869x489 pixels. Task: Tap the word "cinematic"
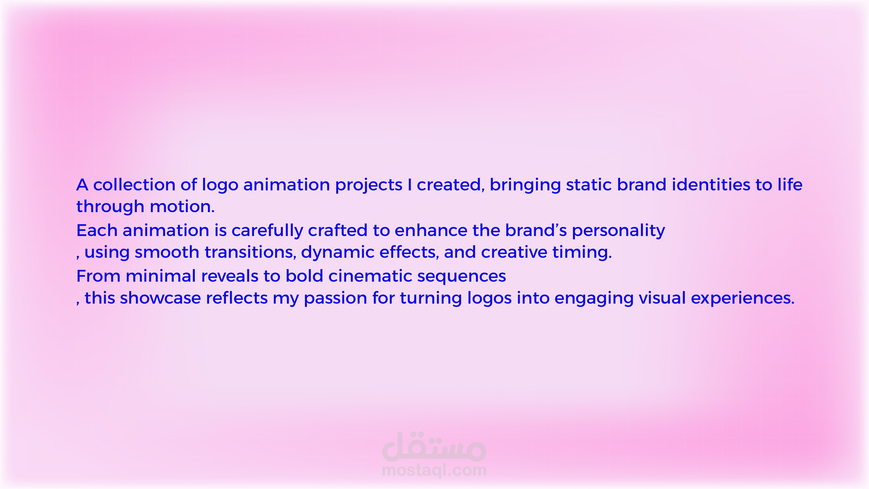point(370,276)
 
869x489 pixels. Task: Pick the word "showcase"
point(160,298)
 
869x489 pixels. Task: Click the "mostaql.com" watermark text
point(434,470)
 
